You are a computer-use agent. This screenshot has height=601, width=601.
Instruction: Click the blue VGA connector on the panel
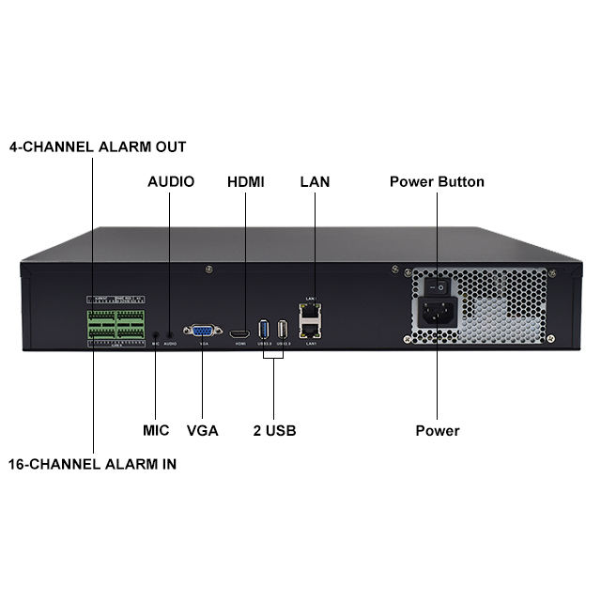pos(202,331)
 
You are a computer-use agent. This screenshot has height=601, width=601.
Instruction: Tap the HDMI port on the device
pos(240,332)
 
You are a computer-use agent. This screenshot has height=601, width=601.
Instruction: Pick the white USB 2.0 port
pos(283,331)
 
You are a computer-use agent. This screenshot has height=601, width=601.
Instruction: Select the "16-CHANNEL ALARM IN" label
pos(93,464)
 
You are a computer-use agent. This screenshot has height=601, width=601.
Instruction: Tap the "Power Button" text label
pos(437,181)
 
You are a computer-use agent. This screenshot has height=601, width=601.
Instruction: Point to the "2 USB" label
pos(274,431)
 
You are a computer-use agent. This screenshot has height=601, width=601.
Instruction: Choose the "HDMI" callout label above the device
pos(246,181)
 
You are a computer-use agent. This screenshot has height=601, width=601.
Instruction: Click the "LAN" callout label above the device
pos(315,181)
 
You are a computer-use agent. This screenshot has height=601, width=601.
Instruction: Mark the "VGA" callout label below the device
pos(202,431)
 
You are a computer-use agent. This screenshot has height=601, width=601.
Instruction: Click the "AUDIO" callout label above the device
pos(171,181)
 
